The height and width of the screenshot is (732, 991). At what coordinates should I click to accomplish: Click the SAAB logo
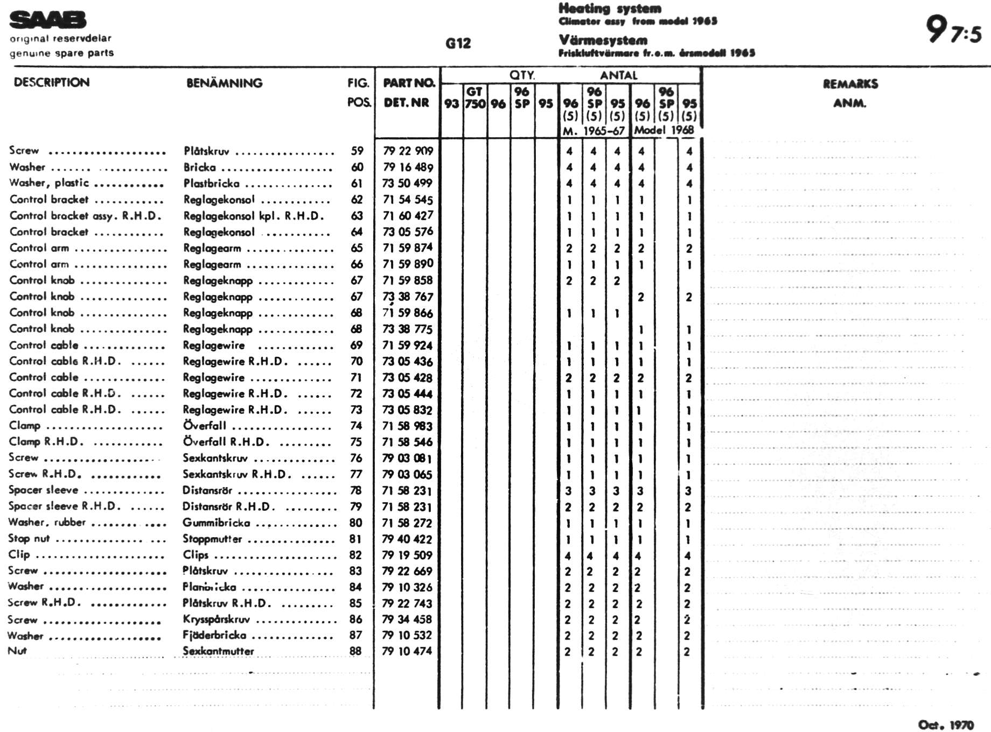click(47, 20)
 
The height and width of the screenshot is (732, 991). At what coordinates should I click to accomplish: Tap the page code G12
click(458, 44)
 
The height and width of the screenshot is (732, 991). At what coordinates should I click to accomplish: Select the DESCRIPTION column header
click(52, 82)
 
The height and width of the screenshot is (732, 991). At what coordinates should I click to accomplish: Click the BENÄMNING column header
click(224, 83)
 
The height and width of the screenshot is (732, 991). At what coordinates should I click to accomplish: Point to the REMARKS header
click(850, 84)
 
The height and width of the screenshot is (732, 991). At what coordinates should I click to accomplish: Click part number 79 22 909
click(408, 151)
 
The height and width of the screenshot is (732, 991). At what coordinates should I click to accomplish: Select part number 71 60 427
click(408, 215)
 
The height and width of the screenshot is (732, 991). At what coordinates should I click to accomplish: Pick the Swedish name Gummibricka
click(216, 523)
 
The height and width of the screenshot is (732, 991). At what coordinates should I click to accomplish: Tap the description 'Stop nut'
click(29, 538)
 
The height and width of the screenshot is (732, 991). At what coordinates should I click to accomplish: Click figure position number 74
click(356, 426)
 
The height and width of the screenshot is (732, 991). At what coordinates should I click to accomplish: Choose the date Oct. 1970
click(946, 724)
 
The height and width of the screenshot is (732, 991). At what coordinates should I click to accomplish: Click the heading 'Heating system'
click(609, 9)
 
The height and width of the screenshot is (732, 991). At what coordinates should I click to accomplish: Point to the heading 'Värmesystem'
click(603, 40)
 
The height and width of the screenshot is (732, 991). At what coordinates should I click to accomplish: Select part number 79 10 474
click(407, 651)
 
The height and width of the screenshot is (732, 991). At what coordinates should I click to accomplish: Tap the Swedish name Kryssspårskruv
click(216, 620)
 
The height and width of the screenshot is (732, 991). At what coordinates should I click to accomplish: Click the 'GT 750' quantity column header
click(475, 97)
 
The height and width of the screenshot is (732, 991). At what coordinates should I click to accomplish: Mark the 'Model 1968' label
click(664, 130)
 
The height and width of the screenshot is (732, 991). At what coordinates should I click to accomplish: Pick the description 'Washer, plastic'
click(49, 183)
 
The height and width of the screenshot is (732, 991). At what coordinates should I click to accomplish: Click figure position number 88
click(355, 651)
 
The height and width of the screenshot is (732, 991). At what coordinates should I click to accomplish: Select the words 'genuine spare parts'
click(61, 53)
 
